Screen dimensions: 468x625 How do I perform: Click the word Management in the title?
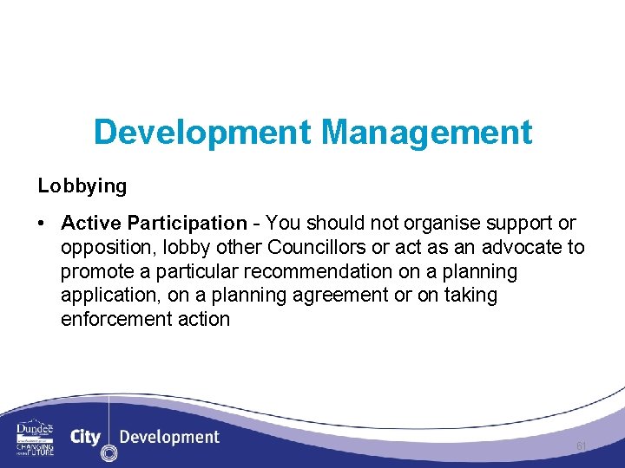pos(426,133)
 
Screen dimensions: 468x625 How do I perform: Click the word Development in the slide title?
pos(202,133)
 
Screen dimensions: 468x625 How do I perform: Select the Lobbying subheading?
pos(82,185)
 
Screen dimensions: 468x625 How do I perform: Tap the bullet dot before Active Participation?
pos(42,224)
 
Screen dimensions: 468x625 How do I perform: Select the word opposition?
pos(103,248)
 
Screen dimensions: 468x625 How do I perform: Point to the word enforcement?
pos(115,318)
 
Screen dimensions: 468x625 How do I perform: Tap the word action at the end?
pos(202,318)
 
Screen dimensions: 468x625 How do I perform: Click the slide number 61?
pos(582,445)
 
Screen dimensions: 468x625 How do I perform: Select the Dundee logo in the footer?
pos(35,438)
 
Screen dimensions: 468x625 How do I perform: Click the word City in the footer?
pos(85,436)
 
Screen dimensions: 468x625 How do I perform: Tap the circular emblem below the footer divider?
pos(109,452)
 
